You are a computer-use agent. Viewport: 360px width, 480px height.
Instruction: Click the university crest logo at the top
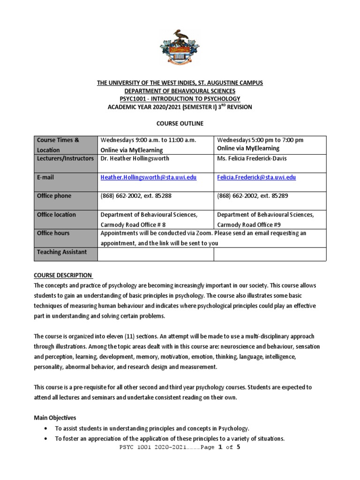pyautogui.click(x=180, y=47)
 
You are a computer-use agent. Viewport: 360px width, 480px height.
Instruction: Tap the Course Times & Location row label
pyautogui.click(x=59, y=145)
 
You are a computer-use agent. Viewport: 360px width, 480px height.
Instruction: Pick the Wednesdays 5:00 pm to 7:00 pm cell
pyautogui.click(x=260, y=140)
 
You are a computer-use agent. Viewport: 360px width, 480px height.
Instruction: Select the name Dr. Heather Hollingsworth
pyautogui.click(x=135, y=158)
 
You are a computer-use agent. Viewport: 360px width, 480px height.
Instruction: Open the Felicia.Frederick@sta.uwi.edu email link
pyautogui.click(x=256, y=178)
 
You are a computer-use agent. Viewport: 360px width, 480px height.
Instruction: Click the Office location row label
pyautogui.click(x=56, y=215)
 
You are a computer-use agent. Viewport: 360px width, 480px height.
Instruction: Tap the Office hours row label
pyautogui.click(x=53, y=233)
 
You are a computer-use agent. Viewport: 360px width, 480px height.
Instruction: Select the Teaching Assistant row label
pyautogui.click(x=62, y=252)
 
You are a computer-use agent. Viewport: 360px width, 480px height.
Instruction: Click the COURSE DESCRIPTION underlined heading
pyautogui.click(x=63, y=275)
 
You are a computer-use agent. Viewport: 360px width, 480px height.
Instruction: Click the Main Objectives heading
pyautogui.click(x=55, y=418)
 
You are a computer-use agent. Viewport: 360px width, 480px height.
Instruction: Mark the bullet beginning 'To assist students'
pyautogui.click(x=152, y=428)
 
